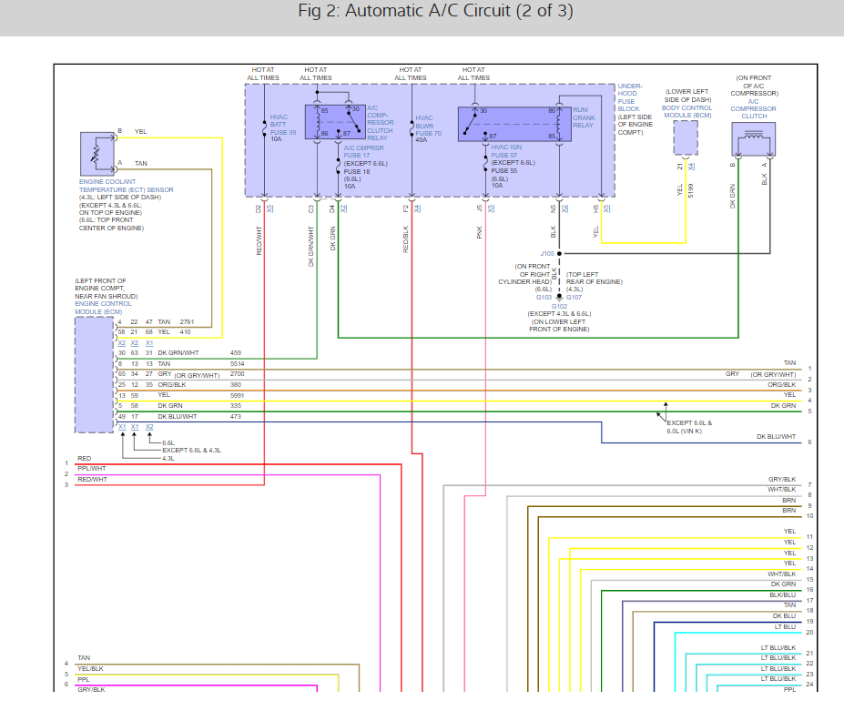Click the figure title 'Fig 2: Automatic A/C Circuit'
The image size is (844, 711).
coord(435,12)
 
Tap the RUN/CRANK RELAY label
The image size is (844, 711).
coord(584,117)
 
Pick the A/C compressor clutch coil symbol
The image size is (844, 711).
coord(751,140)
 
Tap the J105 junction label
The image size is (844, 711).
coord(547,253)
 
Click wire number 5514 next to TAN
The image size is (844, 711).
coord(237,363)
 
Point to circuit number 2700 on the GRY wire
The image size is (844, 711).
coord(237,374)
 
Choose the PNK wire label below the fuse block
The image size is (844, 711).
coord(479,233)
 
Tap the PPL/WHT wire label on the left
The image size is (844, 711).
coord(91,468)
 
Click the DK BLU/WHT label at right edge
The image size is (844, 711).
coord(776,437)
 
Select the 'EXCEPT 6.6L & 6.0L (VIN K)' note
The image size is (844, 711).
coord(689,427)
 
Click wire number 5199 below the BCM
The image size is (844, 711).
coord(691,190)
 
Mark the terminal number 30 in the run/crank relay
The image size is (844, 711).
coord(483,111)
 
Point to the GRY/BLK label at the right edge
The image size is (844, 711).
coord(782,479)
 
